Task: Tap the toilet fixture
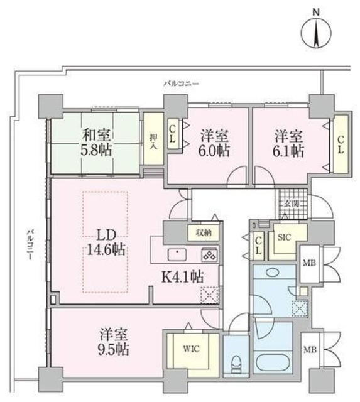pos(236,364)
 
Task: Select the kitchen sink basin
pos(179,254)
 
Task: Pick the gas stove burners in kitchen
pos(209,254)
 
